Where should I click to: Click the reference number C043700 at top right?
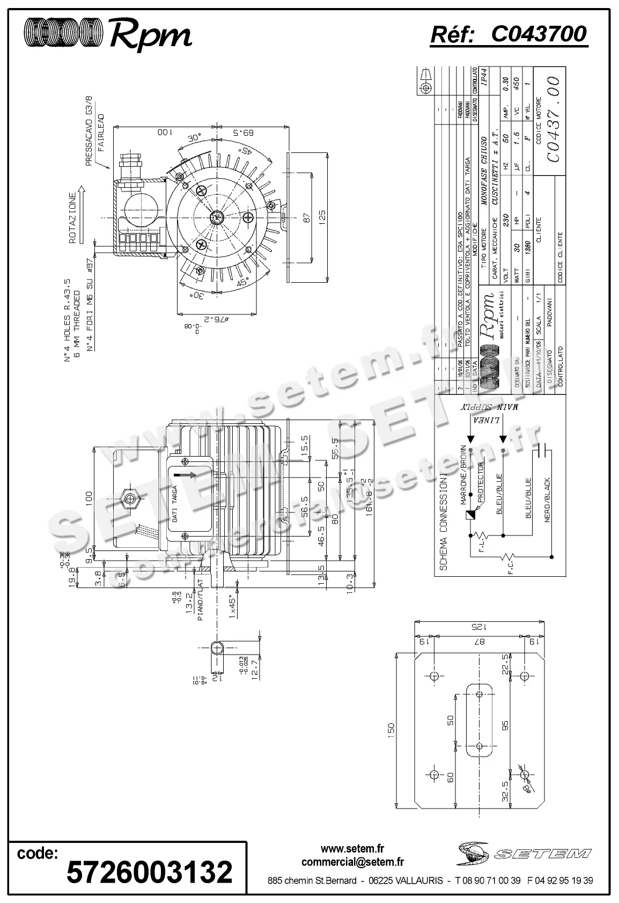(539, 35)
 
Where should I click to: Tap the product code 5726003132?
(150, 871)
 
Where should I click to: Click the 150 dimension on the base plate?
(390, 729)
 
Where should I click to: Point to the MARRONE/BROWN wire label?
(463, 475)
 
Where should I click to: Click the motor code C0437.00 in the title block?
(553, 119)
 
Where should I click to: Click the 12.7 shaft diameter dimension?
(254, 664)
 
